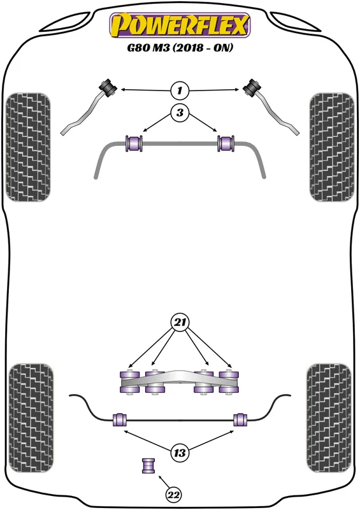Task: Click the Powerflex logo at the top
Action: pos(180,25)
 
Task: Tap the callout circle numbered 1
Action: pos(180,90)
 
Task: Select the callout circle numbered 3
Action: pos(180,113)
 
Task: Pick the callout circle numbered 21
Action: pos(180,323)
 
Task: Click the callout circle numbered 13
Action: pos(180,453)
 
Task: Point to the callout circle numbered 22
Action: pos(173,495)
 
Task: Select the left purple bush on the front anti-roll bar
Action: pos(134,143)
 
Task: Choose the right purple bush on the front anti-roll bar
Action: pos(226,143)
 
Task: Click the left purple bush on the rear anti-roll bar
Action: pos(119,419)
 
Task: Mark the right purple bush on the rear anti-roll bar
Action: pos(240,419)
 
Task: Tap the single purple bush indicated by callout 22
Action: pos(148,466)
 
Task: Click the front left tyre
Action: pos(28,147)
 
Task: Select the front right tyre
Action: pos(332,147)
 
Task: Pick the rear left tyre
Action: pos(31,418)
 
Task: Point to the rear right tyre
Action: pos(329,418)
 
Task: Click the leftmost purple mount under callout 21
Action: pos(130,382)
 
